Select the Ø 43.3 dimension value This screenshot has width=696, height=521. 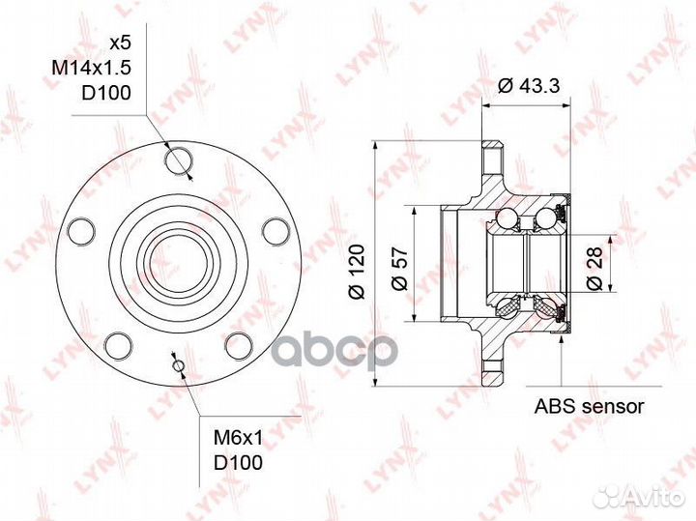click(528, 86)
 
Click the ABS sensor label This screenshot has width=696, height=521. click(589, 406)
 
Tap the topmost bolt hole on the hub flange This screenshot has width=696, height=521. click(178, 159)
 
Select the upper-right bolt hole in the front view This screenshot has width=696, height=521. click(275, 230)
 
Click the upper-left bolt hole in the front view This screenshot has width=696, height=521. click(79, 231)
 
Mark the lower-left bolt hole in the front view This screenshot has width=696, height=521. click(118, 345)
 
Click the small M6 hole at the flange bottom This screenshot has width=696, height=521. click(177, 364)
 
